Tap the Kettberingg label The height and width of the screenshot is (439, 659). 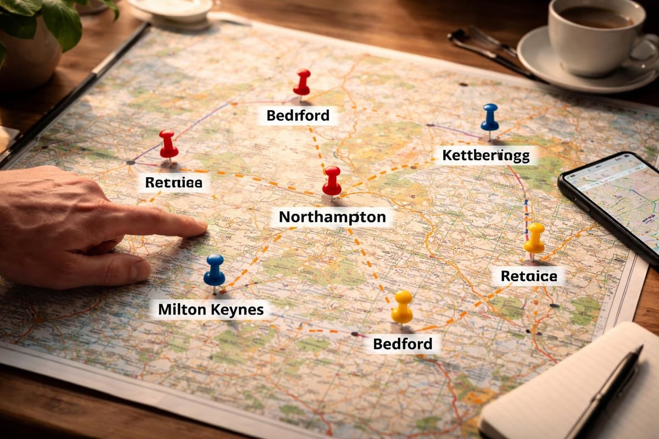point(485,155)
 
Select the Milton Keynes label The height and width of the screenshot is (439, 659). point(211,309)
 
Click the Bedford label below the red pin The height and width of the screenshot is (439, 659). point(298,116)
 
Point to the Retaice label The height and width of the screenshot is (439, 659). point(529,276)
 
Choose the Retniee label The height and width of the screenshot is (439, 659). point(173,182)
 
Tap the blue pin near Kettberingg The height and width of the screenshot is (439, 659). point(489,116)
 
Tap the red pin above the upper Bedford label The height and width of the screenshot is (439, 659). point(301,82)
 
